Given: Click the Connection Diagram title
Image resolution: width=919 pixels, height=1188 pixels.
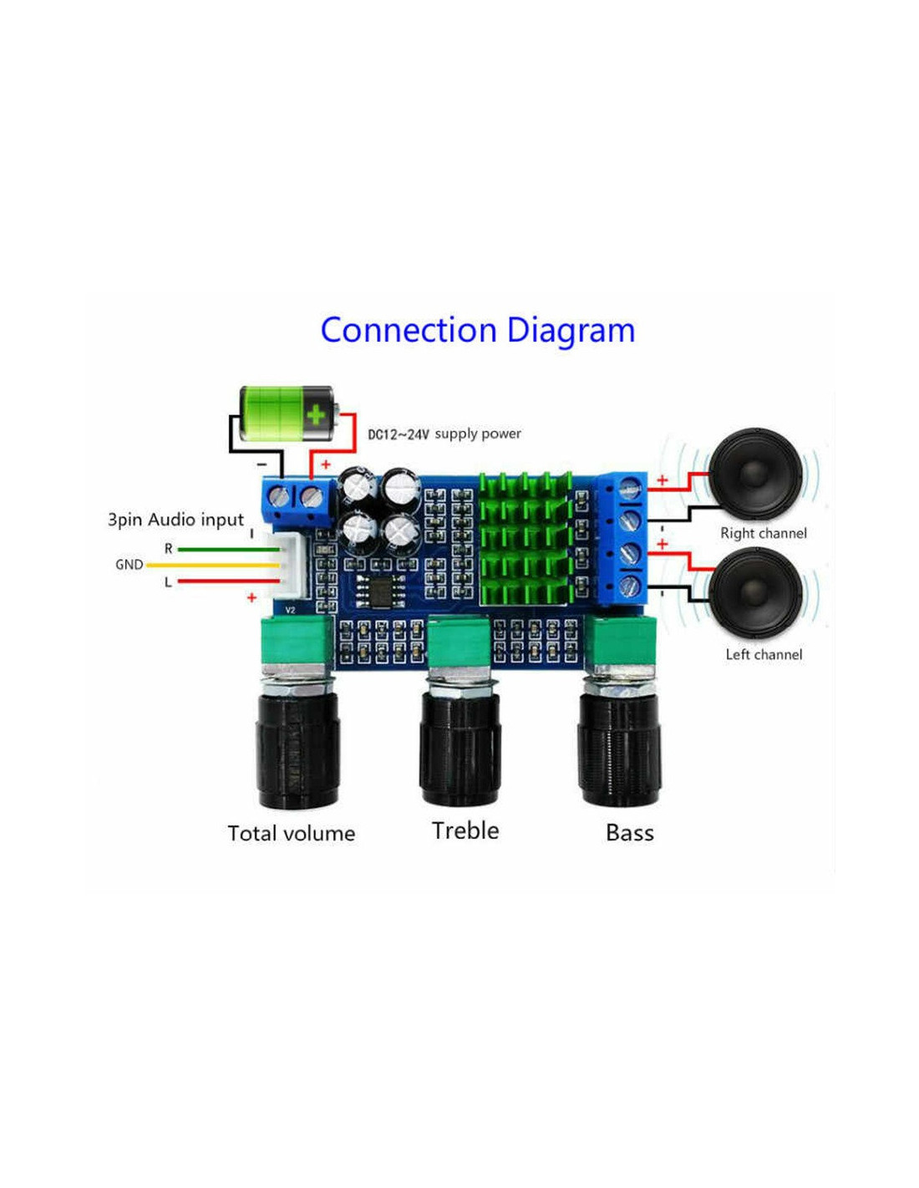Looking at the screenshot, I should click(x=477, y=331).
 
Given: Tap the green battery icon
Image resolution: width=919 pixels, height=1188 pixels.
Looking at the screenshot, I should click(x=287, y=413).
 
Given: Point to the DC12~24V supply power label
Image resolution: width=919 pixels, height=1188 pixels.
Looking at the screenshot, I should click(x=444, y=434).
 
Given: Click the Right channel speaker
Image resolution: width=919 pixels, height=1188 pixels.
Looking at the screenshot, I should click(x=755, y=475).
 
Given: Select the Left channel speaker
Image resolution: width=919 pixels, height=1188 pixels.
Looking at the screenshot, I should click(x=755, y=594).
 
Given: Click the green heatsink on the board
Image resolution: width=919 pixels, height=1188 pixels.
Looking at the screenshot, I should click(x=525, y=539).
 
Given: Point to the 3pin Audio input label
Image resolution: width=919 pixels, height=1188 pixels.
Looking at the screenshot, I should click(x=175, y=520).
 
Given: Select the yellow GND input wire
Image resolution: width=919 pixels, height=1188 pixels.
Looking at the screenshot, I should click(x=213, y=565).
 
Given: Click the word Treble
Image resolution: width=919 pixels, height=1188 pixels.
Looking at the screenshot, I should click(x=465, y=830).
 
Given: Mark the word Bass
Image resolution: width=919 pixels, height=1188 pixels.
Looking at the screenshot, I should click(x=630, y=833).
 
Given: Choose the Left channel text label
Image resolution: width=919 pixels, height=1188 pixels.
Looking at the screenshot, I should click(x=764, y=654).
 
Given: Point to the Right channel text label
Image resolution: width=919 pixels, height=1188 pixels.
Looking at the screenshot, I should click(x=764, y=533).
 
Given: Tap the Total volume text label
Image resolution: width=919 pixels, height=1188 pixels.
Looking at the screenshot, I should click(x=292, y=833).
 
